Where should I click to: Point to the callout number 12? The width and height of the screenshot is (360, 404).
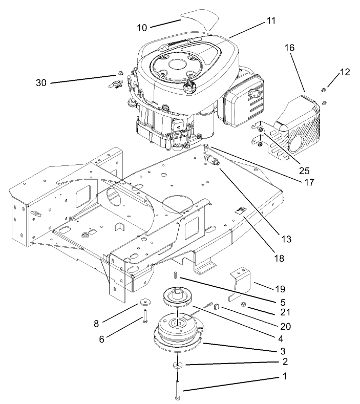tap(344, 73)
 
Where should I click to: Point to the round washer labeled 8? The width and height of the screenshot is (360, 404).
tap(142, 302)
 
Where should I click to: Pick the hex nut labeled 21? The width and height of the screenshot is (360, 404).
tap(244, 306)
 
